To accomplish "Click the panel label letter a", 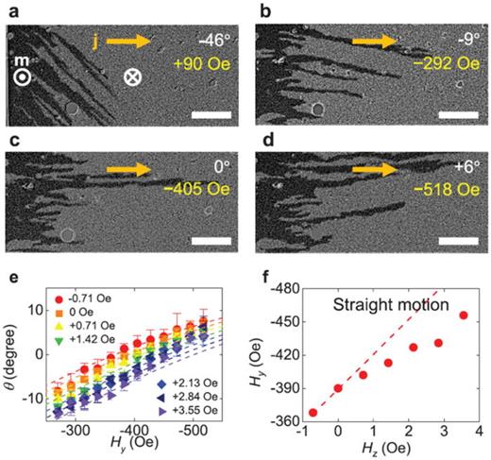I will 8,9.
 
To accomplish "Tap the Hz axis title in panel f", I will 388,448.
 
